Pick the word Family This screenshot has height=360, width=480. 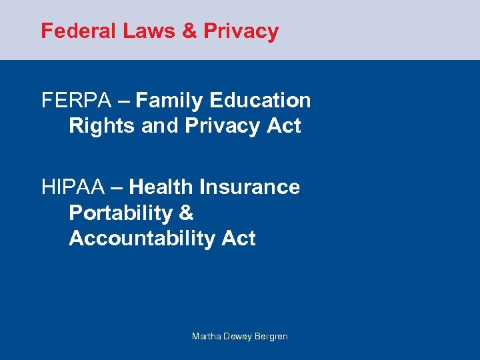click(x=171, y=101)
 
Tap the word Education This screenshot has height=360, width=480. click(x=260, y=101)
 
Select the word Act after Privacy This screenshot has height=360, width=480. click(x=284, y=126)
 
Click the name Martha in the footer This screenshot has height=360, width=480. click(x=205, y=337)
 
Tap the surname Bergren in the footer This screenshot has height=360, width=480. click(x=272, y=337)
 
